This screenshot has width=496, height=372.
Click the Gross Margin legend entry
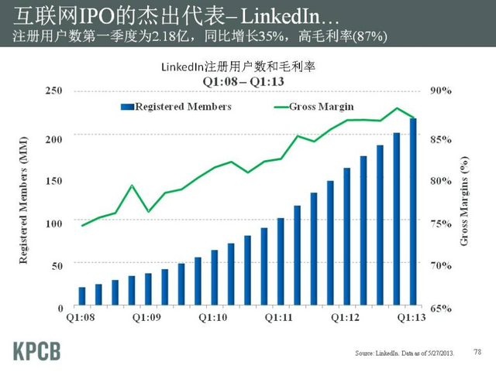tap(325, 106)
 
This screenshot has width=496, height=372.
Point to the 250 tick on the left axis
tap(53, 91)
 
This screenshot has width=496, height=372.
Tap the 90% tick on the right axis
tap(442, 91)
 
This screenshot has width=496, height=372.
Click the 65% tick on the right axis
tap(442, 308)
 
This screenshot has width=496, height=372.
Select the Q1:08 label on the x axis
tap(81, 317)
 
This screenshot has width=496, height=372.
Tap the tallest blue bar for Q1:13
tap(412, 213)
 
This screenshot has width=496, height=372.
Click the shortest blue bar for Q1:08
tap(82, 297)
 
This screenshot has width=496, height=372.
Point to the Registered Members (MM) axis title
tap(25, 200)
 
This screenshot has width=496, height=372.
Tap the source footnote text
tap(402, 353)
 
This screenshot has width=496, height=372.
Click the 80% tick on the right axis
tap(442, 180)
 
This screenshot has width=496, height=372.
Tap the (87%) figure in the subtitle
tap(371, 37)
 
